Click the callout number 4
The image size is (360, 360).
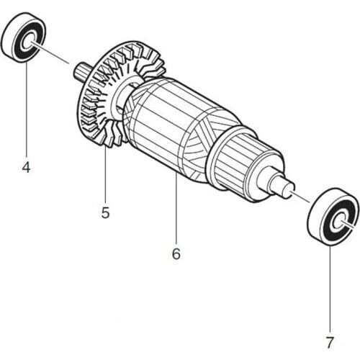(27, 168)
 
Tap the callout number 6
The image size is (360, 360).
(176, 253)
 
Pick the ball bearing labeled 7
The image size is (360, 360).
(332, 215)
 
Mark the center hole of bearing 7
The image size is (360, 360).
(337, 216)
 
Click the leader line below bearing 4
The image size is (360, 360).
(27, 108)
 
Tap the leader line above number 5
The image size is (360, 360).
(105, 173)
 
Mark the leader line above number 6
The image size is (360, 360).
(176, 209)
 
